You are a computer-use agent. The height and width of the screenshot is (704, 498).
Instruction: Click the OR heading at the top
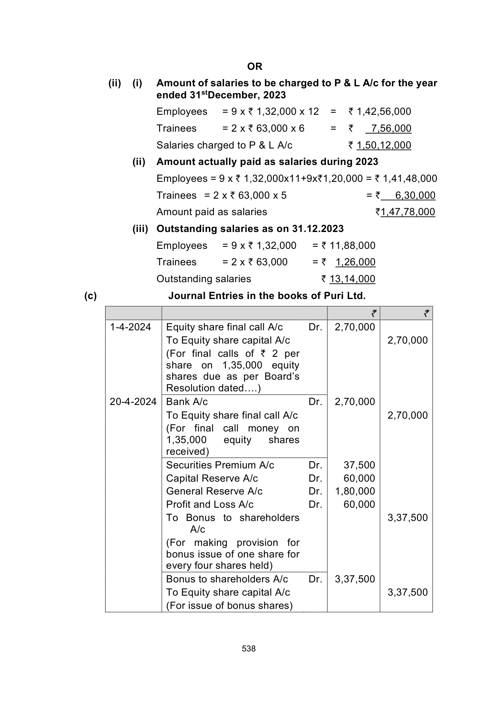pos(254,66)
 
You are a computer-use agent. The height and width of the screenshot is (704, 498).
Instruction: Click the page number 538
pos(249,649)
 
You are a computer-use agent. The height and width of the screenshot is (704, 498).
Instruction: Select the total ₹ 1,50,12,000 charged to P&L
pos(383,145)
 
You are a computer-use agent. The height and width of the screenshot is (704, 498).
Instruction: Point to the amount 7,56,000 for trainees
pos(391,128)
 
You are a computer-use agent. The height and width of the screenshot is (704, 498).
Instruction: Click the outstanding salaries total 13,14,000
pos(352,279)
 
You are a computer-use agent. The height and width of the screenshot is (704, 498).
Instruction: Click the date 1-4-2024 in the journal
pos(130,327)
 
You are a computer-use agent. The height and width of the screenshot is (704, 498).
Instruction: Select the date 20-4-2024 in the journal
pos(133,402)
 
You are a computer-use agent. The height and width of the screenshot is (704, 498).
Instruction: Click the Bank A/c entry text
pos(187,402)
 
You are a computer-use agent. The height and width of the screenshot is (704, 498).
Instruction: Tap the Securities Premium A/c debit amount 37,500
pos(359,465)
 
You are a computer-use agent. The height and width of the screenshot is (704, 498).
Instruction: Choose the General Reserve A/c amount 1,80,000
pos(355,491)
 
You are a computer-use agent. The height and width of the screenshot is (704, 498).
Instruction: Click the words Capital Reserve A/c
pos(212,478)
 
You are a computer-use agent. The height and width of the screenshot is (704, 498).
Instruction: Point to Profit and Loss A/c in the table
pos(210,505)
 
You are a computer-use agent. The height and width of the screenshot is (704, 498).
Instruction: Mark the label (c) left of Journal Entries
pos(91,296)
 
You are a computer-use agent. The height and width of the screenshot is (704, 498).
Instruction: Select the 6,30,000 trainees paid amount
pos(415,195)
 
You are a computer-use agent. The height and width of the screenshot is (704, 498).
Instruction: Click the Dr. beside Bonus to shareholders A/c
pos(315,579)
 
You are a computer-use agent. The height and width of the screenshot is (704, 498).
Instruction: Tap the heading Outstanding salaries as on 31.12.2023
pos(250,229)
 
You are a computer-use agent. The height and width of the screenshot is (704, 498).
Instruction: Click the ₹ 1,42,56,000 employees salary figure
pos(380,112)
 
